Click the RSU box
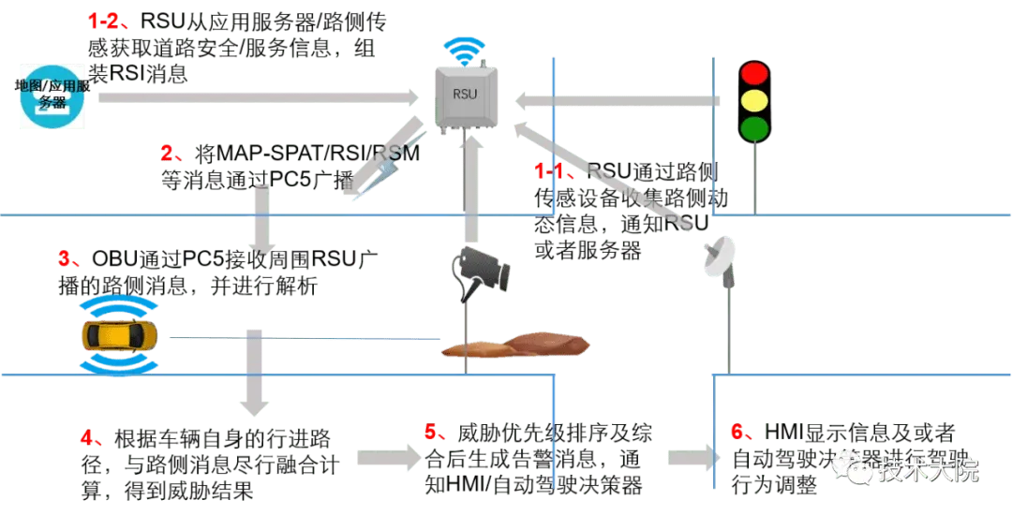[466, 94]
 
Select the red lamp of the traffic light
[753, 73]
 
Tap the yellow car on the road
[118, 335]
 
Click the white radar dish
[720, 256]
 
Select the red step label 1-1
[554, 170]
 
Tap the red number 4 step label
[90, 437]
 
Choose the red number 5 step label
[433, 431]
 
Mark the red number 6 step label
[740, 431]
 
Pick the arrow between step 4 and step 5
[386, 459]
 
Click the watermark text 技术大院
[928, 469]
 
